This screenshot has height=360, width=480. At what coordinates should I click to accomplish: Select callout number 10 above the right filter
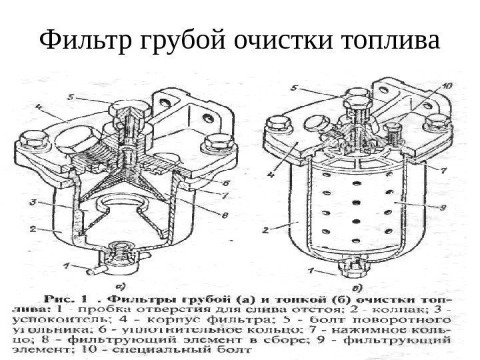[x=446, y=85]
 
